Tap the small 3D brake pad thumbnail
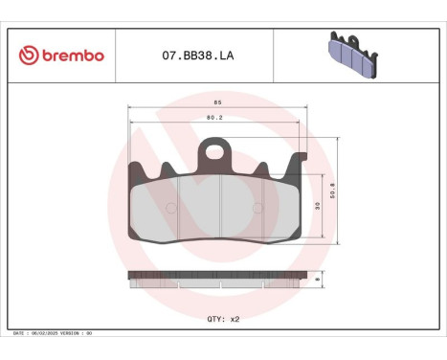click(x=354, y=55)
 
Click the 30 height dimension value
click(x=317, y=206)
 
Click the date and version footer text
click(x=53, y=334)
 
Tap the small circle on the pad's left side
click(x=170, y=208)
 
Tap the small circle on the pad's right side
click(x=258, y=208)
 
